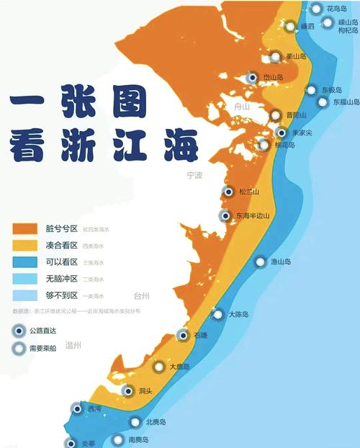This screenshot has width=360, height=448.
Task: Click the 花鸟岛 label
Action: [x=337, y=9]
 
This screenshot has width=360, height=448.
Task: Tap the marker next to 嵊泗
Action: [x=289, y=27]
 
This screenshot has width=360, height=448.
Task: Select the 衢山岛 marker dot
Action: [x=275, y=56]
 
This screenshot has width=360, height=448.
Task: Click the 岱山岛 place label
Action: [x=273, y=78]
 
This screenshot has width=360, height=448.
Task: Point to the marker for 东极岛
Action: [x=311, y=91]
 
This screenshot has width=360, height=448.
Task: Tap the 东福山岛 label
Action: [x=346, y=102]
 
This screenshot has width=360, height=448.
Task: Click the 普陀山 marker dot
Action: [x=275, y=115]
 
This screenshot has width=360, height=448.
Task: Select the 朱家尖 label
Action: [x=302, y=133]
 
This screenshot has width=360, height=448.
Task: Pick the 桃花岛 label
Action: [x=283, y=145]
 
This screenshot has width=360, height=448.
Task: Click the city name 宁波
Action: [x=194, y=175]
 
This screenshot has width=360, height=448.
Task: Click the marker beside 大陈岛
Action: [x=217, y=315]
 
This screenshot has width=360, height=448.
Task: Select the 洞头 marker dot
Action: [x=128, y=391]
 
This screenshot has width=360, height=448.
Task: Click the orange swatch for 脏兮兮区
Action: [x=24, y=228]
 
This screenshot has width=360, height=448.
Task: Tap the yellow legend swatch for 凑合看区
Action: [x=24, y=246]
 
